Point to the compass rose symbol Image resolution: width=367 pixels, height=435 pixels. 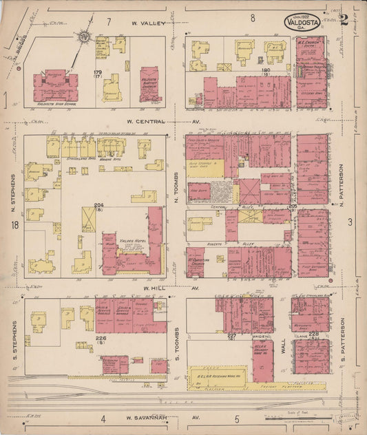click(83, 36)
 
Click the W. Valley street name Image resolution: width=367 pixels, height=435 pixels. click(149, 23)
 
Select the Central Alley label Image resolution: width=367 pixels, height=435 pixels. click(220, 206)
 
